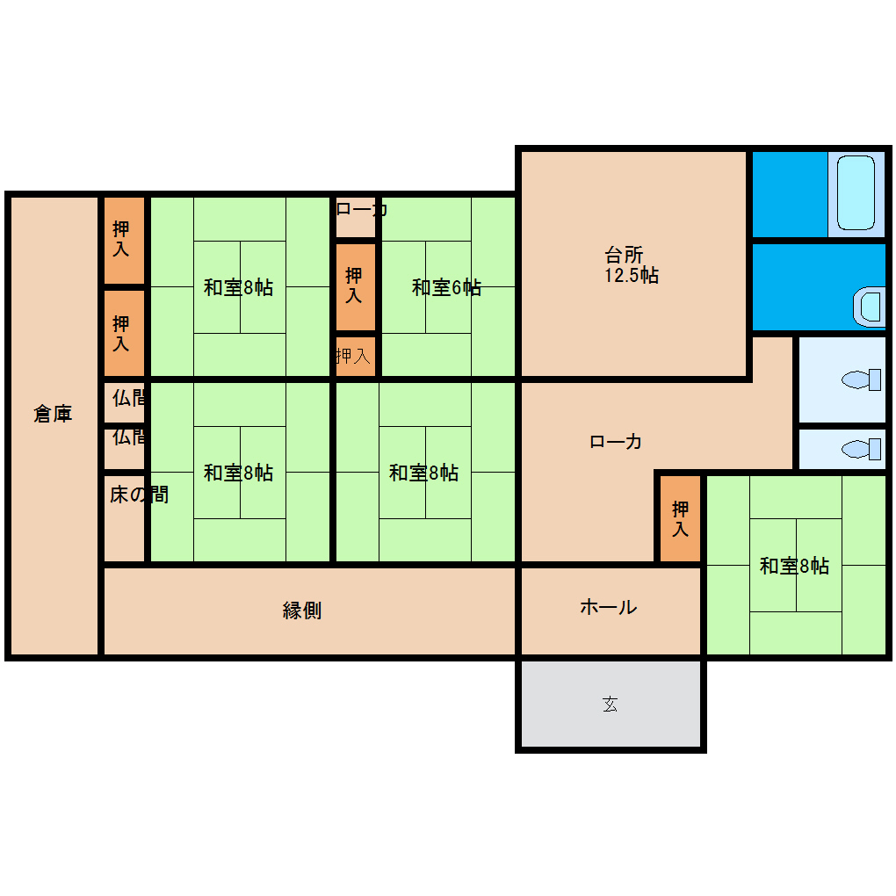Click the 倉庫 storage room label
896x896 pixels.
[53, 413]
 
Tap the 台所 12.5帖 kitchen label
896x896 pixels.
[632, 264]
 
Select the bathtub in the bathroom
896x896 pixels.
[856, 193]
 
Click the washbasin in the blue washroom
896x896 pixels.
[869, 307]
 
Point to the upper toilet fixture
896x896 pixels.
[861, 379]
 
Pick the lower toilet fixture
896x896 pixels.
[861, 449]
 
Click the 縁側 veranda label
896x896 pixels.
[301, 611]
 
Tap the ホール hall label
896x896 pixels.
[609, 606]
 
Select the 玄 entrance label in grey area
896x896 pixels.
[611, 704]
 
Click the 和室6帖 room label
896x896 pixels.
[446, 287]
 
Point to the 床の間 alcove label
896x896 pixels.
[139, 495]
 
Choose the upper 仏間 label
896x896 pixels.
[128, 397]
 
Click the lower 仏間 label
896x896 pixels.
[128, 437]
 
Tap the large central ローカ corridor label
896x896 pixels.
[615, 441]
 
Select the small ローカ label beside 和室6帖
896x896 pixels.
[362, 209]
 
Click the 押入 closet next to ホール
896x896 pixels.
[680, 518]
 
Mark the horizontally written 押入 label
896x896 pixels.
[353, 356]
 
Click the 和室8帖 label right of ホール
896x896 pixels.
[794, 566]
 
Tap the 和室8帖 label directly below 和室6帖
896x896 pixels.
[423, 473]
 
